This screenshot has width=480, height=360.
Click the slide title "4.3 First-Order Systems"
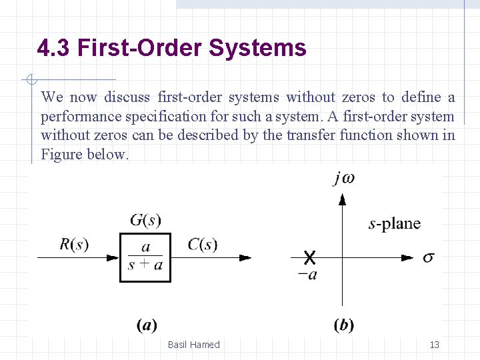click(172, 49)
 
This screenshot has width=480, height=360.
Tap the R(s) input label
click(74, 245)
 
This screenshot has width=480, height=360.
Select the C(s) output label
click(202, 245)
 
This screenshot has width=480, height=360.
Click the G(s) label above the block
click(145, 219)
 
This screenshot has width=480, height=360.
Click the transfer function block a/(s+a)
click(145, 257)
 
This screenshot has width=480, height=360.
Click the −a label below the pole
click(307, 274)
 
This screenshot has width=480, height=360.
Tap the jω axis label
click(343, 179)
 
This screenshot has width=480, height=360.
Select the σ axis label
click(428, 257)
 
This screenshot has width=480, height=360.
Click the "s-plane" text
click(395, 223)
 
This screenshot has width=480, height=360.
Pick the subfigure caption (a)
click(146, 325)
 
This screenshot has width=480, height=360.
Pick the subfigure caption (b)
click(343, 325)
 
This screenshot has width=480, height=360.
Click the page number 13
click(434, 345)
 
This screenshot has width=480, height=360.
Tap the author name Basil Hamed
click(193, 345)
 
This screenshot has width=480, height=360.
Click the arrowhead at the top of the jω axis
click(343, 199)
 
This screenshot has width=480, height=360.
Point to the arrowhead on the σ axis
click(407, 257)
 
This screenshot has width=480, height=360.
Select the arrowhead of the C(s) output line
click(245, 257)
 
